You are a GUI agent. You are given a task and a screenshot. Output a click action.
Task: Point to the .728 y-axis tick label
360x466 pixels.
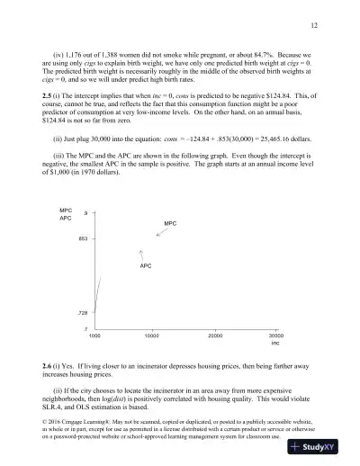83,311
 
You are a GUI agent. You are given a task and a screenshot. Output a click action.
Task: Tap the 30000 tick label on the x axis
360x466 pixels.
275,336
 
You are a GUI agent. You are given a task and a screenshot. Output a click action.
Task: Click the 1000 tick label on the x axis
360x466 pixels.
94,336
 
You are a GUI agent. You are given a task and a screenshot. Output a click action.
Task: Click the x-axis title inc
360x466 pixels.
275,344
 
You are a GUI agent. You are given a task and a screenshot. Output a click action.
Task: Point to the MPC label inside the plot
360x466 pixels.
170,222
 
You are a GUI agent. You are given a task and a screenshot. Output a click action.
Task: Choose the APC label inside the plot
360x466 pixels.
145,267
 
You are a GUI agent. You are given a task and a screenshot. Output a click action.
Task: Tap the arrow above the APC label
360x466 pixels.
142,255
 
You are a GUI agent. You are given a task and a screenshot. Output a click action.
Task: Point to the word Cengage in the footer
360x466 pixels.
86,422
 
